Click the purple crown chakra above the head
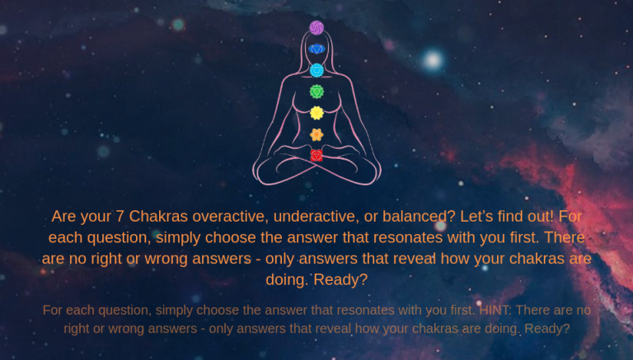click(316, 28)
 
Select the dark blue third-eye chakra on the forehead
click(316, 49)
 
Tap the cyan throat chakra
click(316, 70)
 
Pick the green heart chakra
click(316, 91)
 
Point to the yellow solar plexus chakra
click(316, 113)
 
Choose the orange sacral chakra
click(316, 135)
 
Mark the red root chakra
click(316, 156)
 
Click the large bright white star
click(433, 60)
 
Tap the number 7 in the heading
click(120, 217)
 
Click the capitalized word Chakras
click(158, 217)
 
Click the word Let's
click(476, 217)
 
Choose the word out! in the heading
click(541, 217)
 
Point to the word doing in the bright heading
click(287, 279)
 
